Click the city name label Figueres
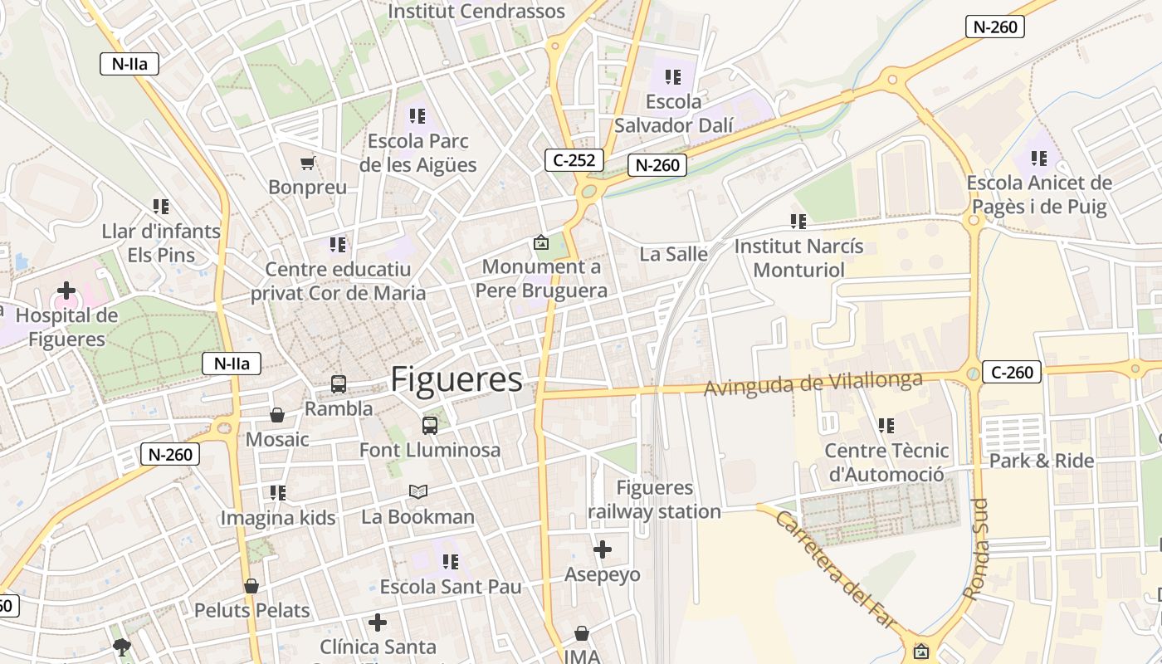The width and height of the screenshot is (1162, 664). point(456,379)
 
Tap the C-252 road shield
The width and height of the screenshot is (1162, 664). point(574,160)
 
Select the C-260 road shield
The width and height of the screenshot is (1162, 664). point(1012,372)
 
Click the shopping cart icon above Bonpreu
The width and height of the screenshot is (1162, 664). point(308,163)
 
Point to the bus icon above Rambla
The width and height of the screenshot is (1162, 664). point(339,384)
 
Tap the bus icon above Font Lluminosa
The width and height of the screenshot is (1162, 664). point(430,426)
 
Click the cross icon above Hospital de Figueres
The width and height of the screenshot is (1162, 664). point(66,290)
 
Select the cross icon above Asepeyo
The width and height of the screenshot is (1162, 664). point(603,549)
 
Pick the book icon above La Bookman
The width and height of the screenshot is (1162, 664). point(418,492)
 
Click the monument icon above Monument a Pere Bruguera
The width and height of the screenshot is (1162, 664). point(541,242)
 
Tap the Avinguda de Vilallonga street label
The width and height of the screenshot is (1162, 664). point(813,383)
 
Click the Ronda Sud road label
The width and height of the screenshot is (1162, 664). point(977,549)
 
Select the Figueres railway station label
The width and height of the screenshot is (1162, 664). point(654,500)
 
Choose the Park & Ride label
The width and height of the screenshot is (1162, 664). point(1042,461)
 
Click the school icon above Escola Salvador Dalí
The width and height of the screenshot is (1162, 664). point(673,77)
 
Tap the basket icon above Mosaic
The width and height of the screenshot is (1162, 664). point(277,415)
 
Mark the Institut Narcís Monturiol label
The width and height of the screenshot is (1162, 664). point(798,258)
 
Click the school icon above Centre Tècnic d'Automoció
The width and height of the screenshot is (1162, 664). point(886,426)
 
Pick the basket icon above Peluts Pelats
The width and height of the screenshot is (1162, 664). point(251,586)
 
